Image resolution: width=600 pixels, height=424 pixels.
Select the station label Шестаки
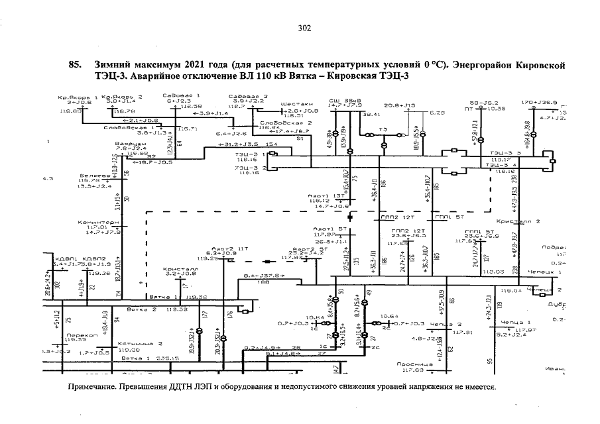294,104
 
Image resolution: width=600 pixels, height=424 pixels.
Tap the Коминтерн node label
98,222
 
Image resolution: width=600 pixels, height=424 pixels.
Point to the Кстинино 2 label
141,344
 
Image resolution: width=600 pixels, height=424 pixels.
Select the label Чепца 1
512,322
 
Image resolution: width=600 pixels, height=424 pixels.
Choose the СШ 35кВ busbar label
342,99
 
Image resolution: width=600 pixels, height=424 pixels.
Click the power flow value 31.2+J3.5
243,144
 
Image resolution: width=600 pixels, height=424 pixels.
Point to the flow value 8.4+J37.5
264,276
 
